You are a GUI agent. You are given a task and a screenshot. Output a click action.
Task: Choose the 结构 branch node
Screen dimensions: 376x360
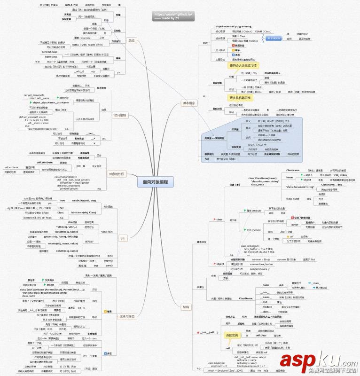click(186, 306)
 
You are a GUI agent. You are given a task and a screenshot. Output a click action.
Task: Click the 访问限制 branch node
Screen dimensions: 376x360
click(121, 115)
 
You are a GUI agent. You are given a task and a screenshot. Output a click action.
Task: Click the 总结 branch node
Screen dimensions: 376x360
click(131, 41)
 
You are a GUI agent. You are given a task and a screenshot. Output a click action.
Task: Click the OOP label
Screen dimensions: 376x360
click(205, 43)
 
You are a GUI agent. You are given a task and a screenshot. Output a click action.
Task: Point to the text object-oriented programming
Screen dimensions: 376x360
click(233, 27)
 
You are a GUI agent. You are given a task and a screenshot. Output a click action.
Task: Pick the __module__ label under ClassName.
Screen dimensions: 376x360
click(265, 306)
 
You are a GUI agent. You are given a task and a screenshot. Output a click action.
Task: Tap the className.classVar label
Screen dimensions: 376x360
click(269, 140)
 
